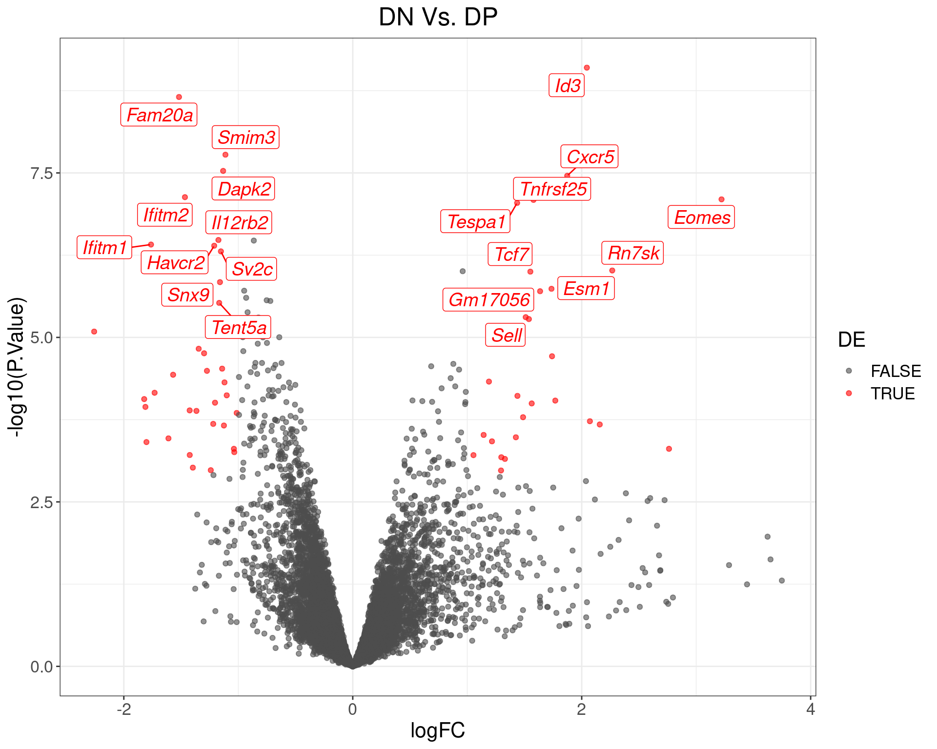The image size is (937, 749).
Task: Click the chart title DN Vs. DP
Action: click(x=438, y=18)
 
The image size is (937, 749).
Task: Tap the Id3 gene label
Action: click(x=567, y=86)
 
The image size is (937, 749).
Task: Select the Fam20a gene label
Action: click(x=159, y=115)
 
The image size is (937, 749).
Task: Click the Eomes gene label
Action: click(x=701, y=217)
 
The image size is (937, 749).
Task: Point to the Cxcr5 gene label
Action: click(x=590, y=157)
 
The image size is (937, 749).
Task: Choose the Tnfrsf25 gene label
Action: click(x=552, y=189)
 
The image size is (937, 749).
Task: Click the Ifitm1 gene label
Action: click(x=104, y=248)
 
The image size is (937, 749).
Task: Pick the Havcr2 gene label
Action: click(x=175, y=263)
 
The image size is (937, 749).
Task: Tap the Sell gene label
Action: click(x=506, y=335)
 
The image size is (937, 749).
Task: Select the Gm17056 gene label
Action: click(x=489, y=300)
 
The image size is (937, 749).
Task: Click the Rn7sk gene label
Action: click(x=632, y=253)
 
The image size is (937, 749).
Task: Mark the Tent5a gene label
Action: click(x=239, y=328)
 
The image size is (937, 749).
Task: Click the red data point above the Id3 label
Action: click(x=587, y=68)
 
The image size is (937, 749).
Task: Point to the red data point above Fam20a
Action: click(x=179, y=97)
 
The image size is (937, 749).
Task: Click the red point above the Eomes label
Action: click(x=721, y=199)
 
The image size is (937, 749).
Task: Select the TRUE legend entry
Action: click(x=892, y=394)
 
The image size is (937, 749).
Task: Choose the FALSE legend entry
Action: click(x=895, y=371)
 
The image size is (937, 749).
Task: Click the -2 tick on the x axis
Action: click(x=124, y=710)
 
